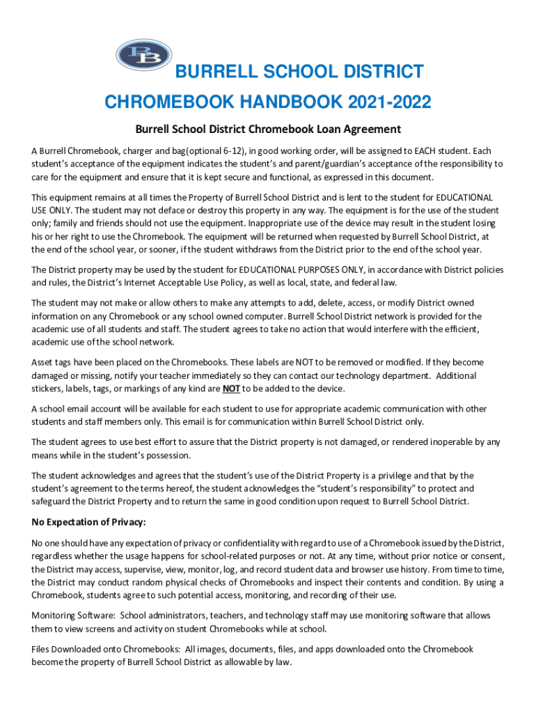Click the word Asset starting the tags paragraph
tap(43, 363)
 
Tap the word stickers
tap(49, 389)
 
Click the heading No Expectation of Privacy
tap(89, 522)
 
